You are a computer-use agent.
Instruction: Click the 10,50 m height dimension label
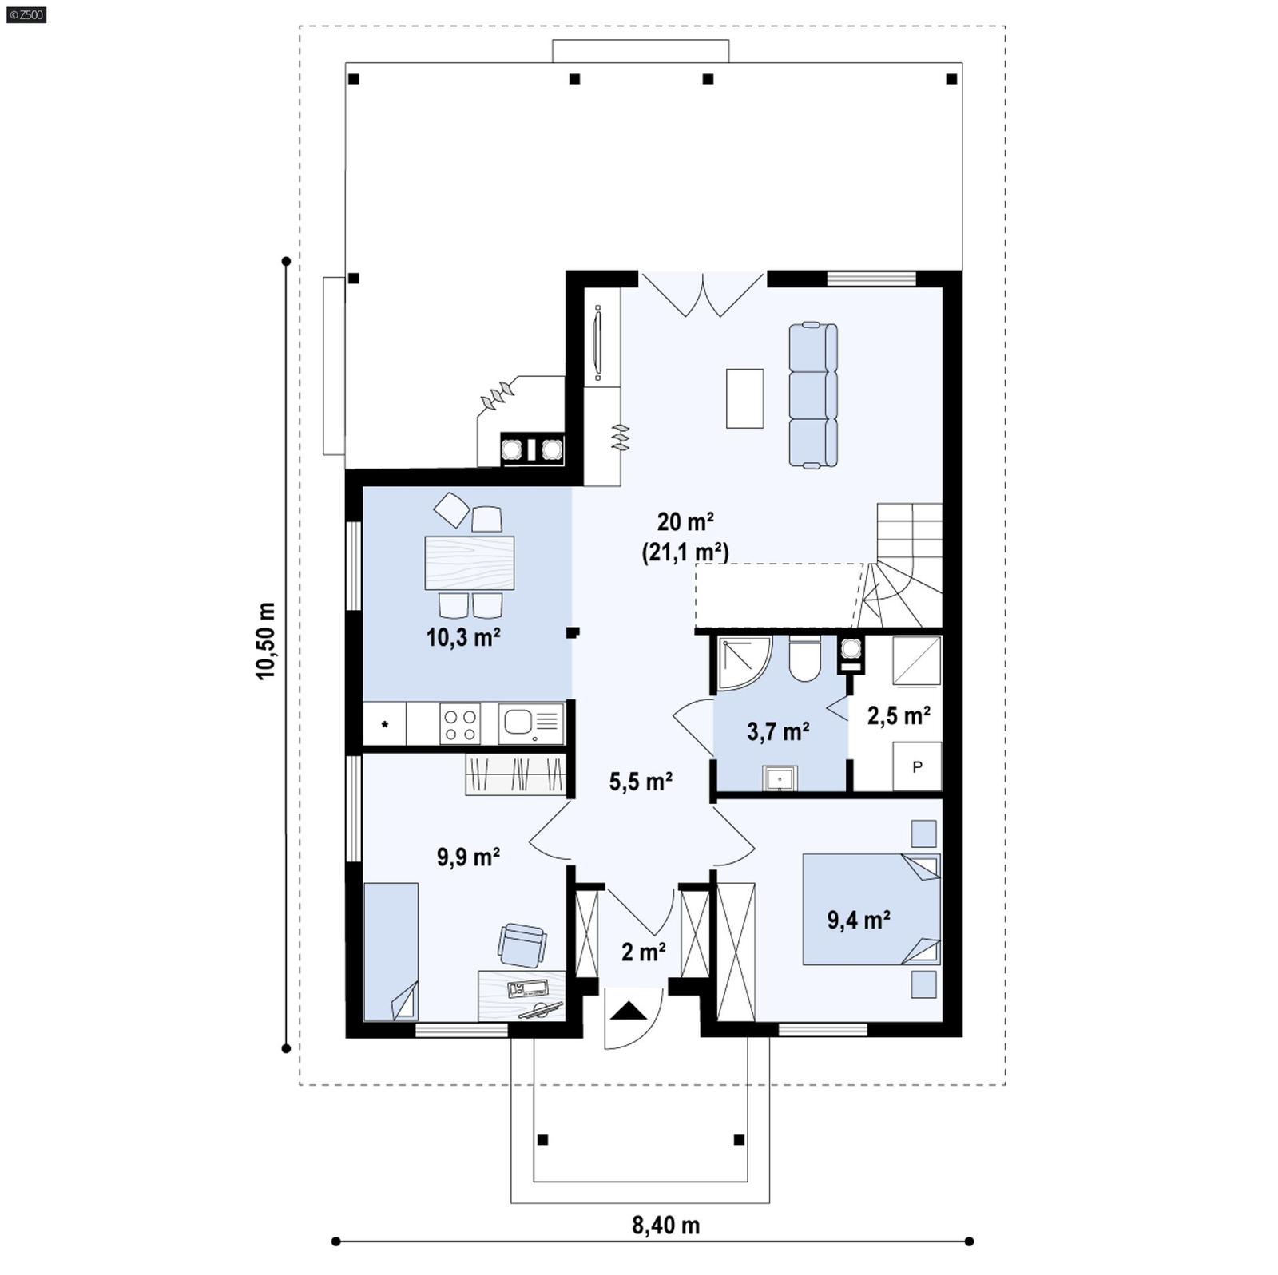pos(266,640)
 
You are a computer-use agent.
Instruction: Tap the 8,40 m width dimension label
pos(665,1225)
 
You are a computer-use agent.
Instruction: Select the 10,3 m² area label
pos(463,637)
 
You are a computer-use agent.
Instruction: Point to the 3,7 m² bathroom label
pos(778,731)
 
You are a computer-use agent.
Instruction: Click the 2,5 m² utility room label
pos(899,715)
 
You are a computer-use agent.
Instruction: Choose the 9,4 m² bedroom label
pos(859,920)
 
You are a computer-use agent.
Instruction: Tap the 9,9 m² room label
pos(468,857)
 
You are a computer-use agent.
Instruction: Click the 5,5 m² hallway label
pos(641,781)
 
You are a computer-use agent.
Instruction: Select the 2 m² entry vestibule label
pos(644,952)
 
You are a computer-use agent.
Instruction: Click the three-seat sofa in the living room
pos(813,394)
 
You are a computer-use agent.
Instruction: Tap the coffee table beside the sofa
pos(744,398)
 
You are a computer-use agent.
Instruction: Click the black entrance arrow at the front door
pos(629,1012)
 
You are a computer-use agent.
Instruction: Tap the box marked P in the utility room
pos(917,766)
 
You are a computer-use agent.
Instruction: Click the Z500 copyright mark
pos(26,14)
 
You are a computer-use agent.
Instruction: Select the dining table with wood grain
pos(469,562)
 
